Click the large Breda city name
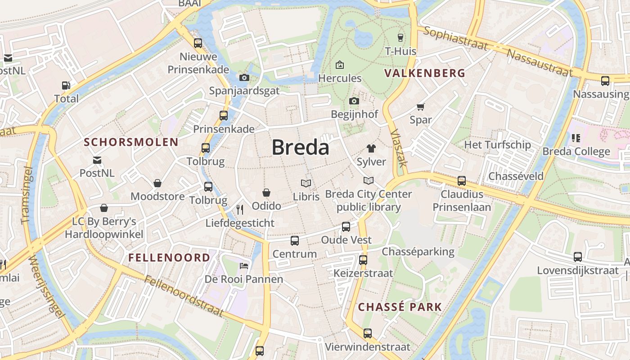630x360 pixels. pyautogui.click(x=300, y=147)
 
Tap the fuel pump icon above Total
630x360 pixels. pyautogui.click(x=66, y=85)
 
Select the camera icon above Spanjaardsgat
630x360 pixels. pyautogui.click(x=244, y=78)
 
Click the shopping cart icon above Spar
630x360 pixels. pyautogui.click(x=421, y=107)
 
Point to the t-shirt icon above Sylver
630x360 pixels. pyautogui.click(x=371, y=148)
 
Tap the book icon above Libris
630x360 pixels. pyautogui.click(x=306, y=183)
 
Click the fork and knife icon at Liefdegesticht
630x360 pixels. pyautogui.click(x=240, y=209)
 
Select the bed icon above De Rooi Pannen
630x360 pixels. pyautogui.click(x=244, y=265)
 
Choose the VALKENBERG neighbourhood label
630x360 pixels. pyautogui.click(x=425, y=73)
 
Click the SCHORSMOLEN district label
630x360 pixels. pyautogui.click(x=131, y=142)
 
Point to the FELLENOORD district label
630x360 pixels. pyautogui.click(x=169, y=257)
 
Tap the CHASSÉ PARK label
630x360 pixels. pyautogui.click(x=400, y=307)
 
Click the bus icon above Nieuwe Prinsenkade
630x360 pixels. pyautogui.click(x=198, y=43)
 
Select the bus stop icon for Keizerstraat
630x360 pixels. pyautogui.click(x=363, y=260)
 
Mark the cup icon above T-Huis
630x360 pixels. pyautogui.click(x=400, y=37)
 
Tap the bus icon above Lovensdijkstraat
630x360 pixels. pyautogui.click(x=578, y=257)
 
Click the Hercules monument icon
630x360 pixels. pyautogui.click(x=340, y=65)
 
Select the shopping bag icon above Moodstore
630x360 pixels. pyautogui.click(x=157, y=183)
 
